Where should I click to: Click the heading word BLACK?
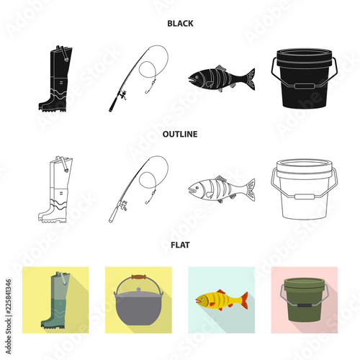point(179,23)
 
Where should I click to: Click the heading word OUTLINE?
point(179,133)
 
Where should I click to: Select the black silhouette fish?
point(220,77)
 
